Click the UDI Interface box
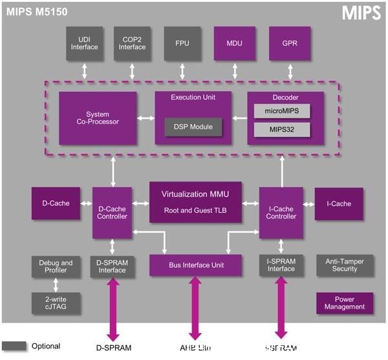pyautogui.click(x=84, y=43)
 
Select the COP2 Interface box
pyautogui.click(x=132, y=43)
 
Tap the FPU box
pyautogui.click(x=182, y=43)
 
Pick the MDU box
pyautogui.click(x=234, y=43)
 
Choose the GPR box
pyautogui.click(x=288, y=43)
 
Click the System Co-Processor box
pyautogui.click(x=98, y=118)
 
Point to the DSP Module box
pyautogui.click(x=193, y=127)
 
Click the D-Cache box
pyautogui.click(x=55, y=204)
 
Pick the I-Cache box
pyautogui.click(x=339, y=204)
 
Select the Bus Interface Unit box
pyautogui.click(x=196, y=265)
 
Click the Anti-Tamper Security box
pyautogui.click(x=345, y=265)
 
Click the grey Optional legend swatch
pyautogui.click(x=14, y=346)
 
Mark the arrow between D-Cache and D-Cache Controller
pyautogui.click(x=85, y=204)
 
